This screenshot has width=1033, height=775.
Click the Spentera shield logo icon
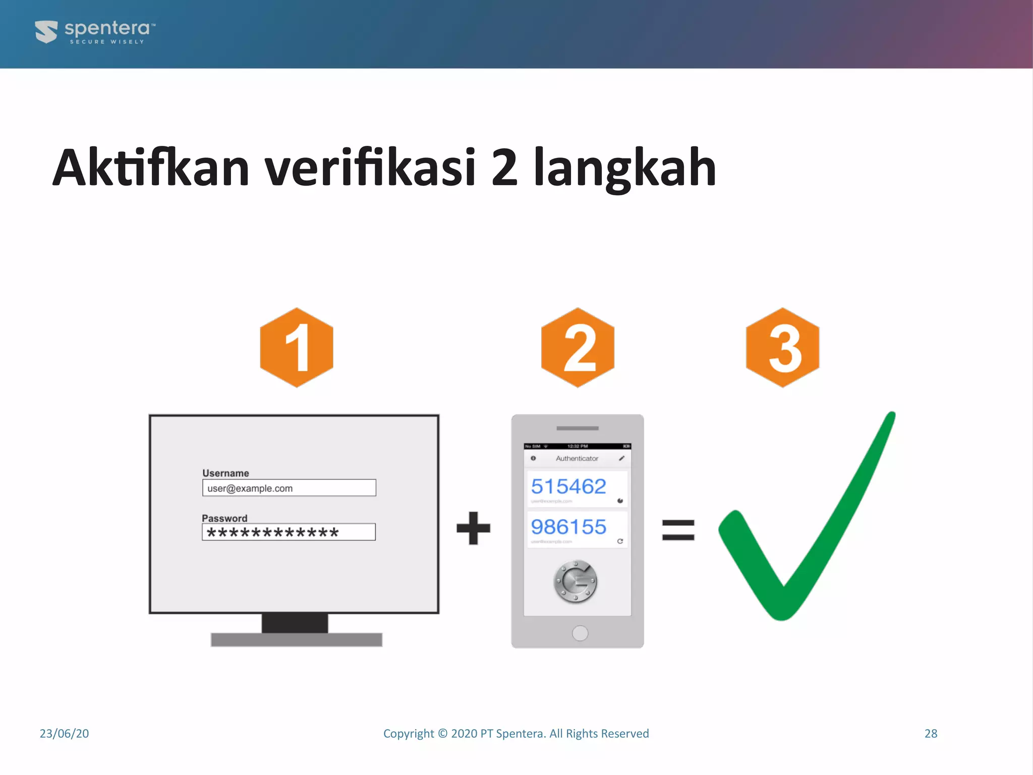46,32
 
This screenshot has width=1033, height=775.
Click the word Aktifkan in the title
151,168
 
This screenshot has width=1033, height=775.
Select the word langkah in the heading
625,168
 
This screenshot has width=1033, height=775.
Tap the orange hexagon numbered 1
297,348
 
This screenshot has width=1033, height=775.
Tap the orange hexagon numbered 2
578,348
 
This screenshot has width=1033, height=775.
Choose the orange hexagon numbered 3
782,348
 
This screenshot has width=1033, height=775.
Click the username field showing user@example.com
289,488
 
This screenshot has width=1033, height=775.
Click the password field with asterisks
289,532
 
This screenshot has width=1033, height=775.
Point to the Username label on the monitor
225,473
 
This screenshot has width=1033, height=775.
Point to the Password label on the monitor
224,518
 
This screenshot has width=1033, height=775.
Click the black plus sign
473,528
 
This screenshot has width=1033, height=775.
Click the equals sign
678,530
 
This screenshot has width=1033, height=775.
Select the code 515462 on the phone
568,486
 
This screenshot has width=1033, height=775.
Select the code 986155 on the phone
568,527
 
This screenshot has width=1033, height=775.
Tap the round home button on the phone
580,633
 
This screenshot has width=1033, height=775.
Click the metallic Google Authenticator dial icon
576,581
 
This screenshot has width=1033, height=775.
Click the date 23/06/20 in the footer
64,734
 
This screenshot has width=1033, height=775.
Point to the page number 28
931,734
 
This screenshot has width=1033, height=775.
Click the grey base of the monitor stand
296,640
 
